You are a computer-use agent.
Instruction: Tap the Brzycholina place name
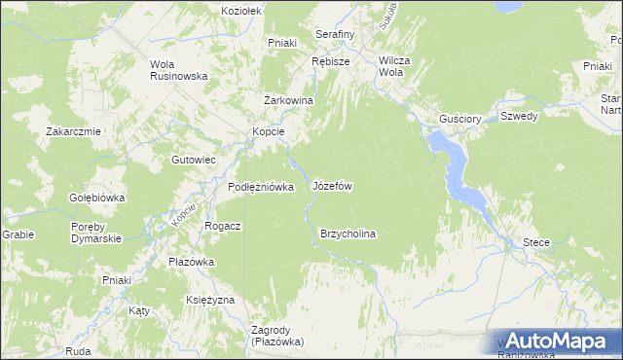click(348, 234)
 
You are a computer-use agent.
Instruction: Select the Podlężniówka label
click(261, 188)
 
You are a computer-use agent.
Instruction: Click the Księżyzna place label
click(210, 300)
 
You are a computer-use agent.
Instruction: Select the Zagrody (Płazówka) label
click(277, 336)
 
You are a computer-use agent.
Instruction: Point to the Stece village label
click(536, 242)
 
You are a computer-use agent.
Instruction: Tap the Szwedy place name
click(519, 117)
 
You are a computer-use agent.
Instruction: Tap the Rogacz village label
click(223, 225)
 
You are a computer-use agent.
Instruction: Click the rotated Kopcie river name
click(184, 216)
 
